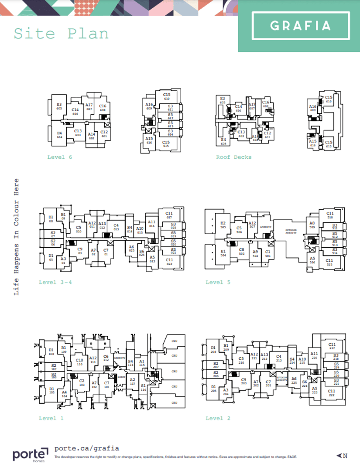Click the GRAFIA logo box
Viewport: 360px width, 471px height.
[x=301, y=25]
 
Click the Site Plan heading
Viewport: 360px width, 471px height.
[x=61, y=34]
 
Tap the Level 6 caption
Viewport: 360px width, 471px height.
[x=60, y=157]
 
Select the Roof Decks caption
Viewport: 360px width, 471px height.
[x=233, y=157]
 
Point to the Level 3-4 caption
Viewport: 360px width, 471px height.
[x=55, y=282]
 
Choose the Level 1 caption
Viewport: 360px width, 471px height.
[x=51, y=418]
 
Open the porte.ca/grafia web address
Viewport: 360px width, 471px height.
[x=86, y=448]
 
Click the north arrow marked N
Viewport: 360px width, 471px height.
[x=343, y=456]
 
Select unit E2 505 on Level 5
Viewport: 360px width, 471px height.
[x=223, y=225]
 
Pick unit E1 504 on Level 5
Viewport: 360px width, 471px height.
[x=223, y=253]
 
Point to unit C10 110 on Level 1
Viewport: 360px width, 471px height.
[x=79, y=362]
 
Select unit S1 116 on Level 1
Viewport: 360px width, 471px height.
[x=143, y=387]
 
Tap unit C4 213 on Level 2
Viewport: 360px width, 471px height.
[x=279, y=358]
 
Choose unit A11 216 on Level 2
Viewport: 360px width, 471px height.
[x=314, y=355]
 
